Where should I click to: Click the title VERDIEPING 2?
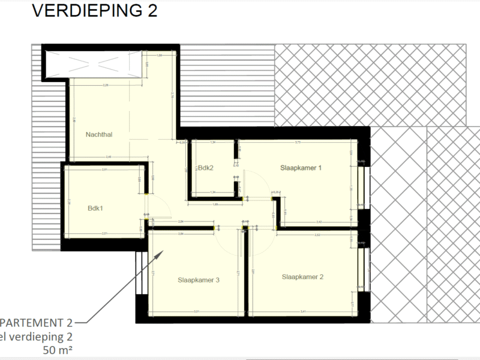pyautogui.click(x=94, y=11)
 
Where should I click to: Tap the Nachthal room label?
pyautogui.click(x=100, y=134)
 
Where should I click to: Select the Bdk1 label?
pyautogui.click(x=95, y=209)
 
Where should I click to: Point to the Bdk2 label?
pyautogui.click(x=206, y=168)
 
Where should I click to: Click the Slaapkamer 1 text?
pyautogui.click(x=301, y=168)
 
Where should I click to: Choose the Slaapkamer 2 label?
pyautogui.click(x=303, y=277)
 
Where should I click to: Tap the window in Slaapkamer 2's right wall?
pyautogui.click(x=361, y=269)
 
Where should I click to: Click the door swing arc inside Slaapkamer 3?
pyautogui.click(x=228, y=243)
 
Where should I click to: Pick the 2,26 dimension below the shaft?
pyautogui.click(x=106, y=85)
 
